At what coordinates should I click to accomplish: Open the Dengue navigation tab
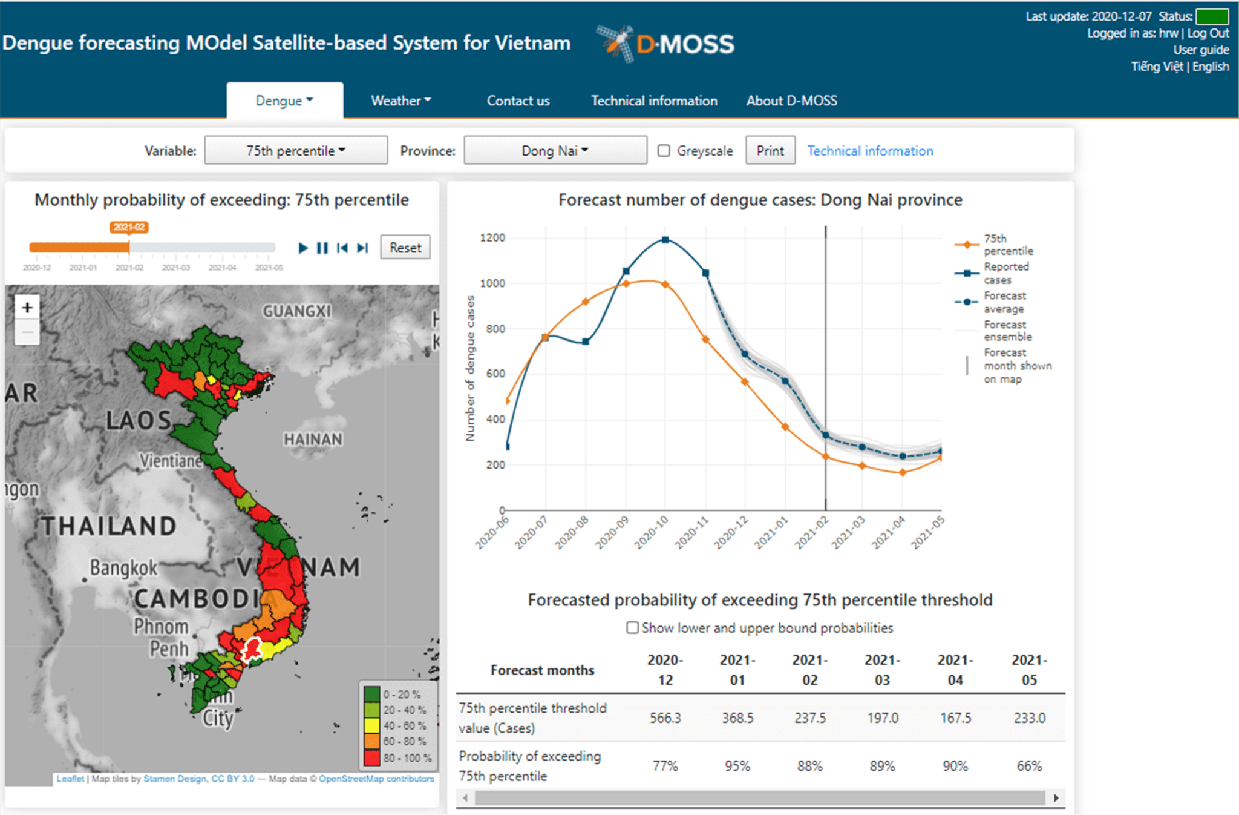[x=284, y=101]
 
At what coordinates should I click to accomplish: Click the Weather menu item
[x=400, y=101]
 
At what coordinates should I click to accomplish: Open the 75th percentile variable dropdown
[x=296, y=150]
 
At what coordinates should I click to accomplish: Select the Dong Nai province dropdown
[x=555, y=150]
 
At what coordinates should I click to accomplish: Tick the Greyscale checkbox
[x=664, y=150]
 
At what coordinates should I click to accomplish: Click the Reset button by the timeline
[x=405, y=247]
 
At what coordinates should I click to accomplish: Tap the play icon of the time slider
[x=303, y=248]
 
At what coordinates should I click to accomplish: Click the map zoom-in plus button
[x=27, y=308]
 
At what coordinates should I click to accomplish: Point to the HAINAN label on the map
[x=313, y=439]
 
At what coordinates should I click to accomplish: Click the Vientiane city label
[x=171, y=461]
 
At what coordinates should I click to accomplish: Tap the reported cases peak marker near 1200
[x=665, y=240]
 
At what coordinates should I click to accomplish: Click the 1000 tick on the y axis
[x=492, y=283]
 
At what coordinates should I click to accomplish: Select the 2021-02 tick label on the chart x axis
[x=811, y=532]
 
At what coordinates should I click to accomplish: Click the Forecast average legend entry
[x=1004, y=302]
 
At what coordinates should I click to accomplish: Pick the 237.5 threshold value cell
[x=809, y=718]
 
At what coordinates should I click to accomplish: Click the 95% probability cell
[x=737, y=766]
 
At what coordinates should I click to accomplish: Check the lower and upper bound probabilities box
[x=632, y=627]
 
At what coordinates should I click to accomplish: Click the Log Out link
[x=1208, y=33]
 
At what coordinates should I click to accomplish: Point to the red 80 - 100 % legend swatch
[x=372, y=757]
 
